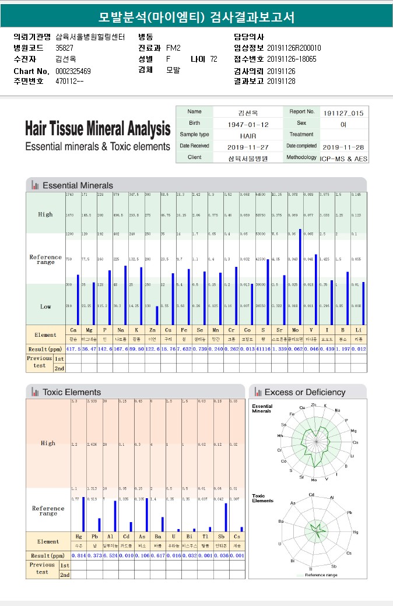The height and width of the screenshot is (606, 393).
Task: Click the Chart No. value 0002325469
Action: pos(73,71)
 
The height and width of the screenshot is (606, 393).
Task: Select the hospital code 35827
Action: pos(64,48)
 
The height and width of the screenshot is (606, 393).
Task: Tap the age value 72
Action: pos(213,59)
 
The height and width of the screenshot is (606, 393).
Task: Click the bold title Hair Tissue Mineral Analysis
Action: pos(98,128)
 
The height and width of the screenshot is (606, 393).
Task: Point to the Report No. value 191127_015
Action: pos(343,113)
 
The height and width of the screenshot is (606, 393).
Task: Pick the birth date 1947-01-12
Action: pos(248,124)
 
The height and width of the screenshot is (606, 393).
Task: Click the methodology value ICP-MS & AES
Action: pos(343,158)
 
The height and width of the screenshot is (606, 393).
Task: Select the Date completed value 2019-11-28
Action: pos(343,147)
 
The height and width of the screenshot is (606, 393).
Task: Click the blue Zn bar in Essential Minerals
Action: pos(157,315)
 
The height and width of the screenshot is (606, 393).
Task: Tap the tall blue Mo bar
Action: pos(300,277)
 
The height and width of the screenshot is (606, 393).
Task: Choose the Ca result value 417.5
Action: pos(73,348)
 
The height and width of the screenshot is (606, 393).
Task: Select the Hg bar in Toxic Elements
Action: pos(83,514)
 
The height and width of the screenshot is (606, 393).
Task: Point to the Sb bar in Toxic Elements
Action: pos(226,517)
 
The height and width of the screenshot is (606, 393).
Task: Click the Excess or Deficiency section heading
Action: pos(304,392)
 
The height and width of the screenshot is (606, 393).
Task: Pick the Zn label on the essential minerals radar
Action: pos(313,404)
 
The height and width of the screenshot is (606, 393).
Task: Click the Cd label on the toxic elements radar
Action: pos(312,495)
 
